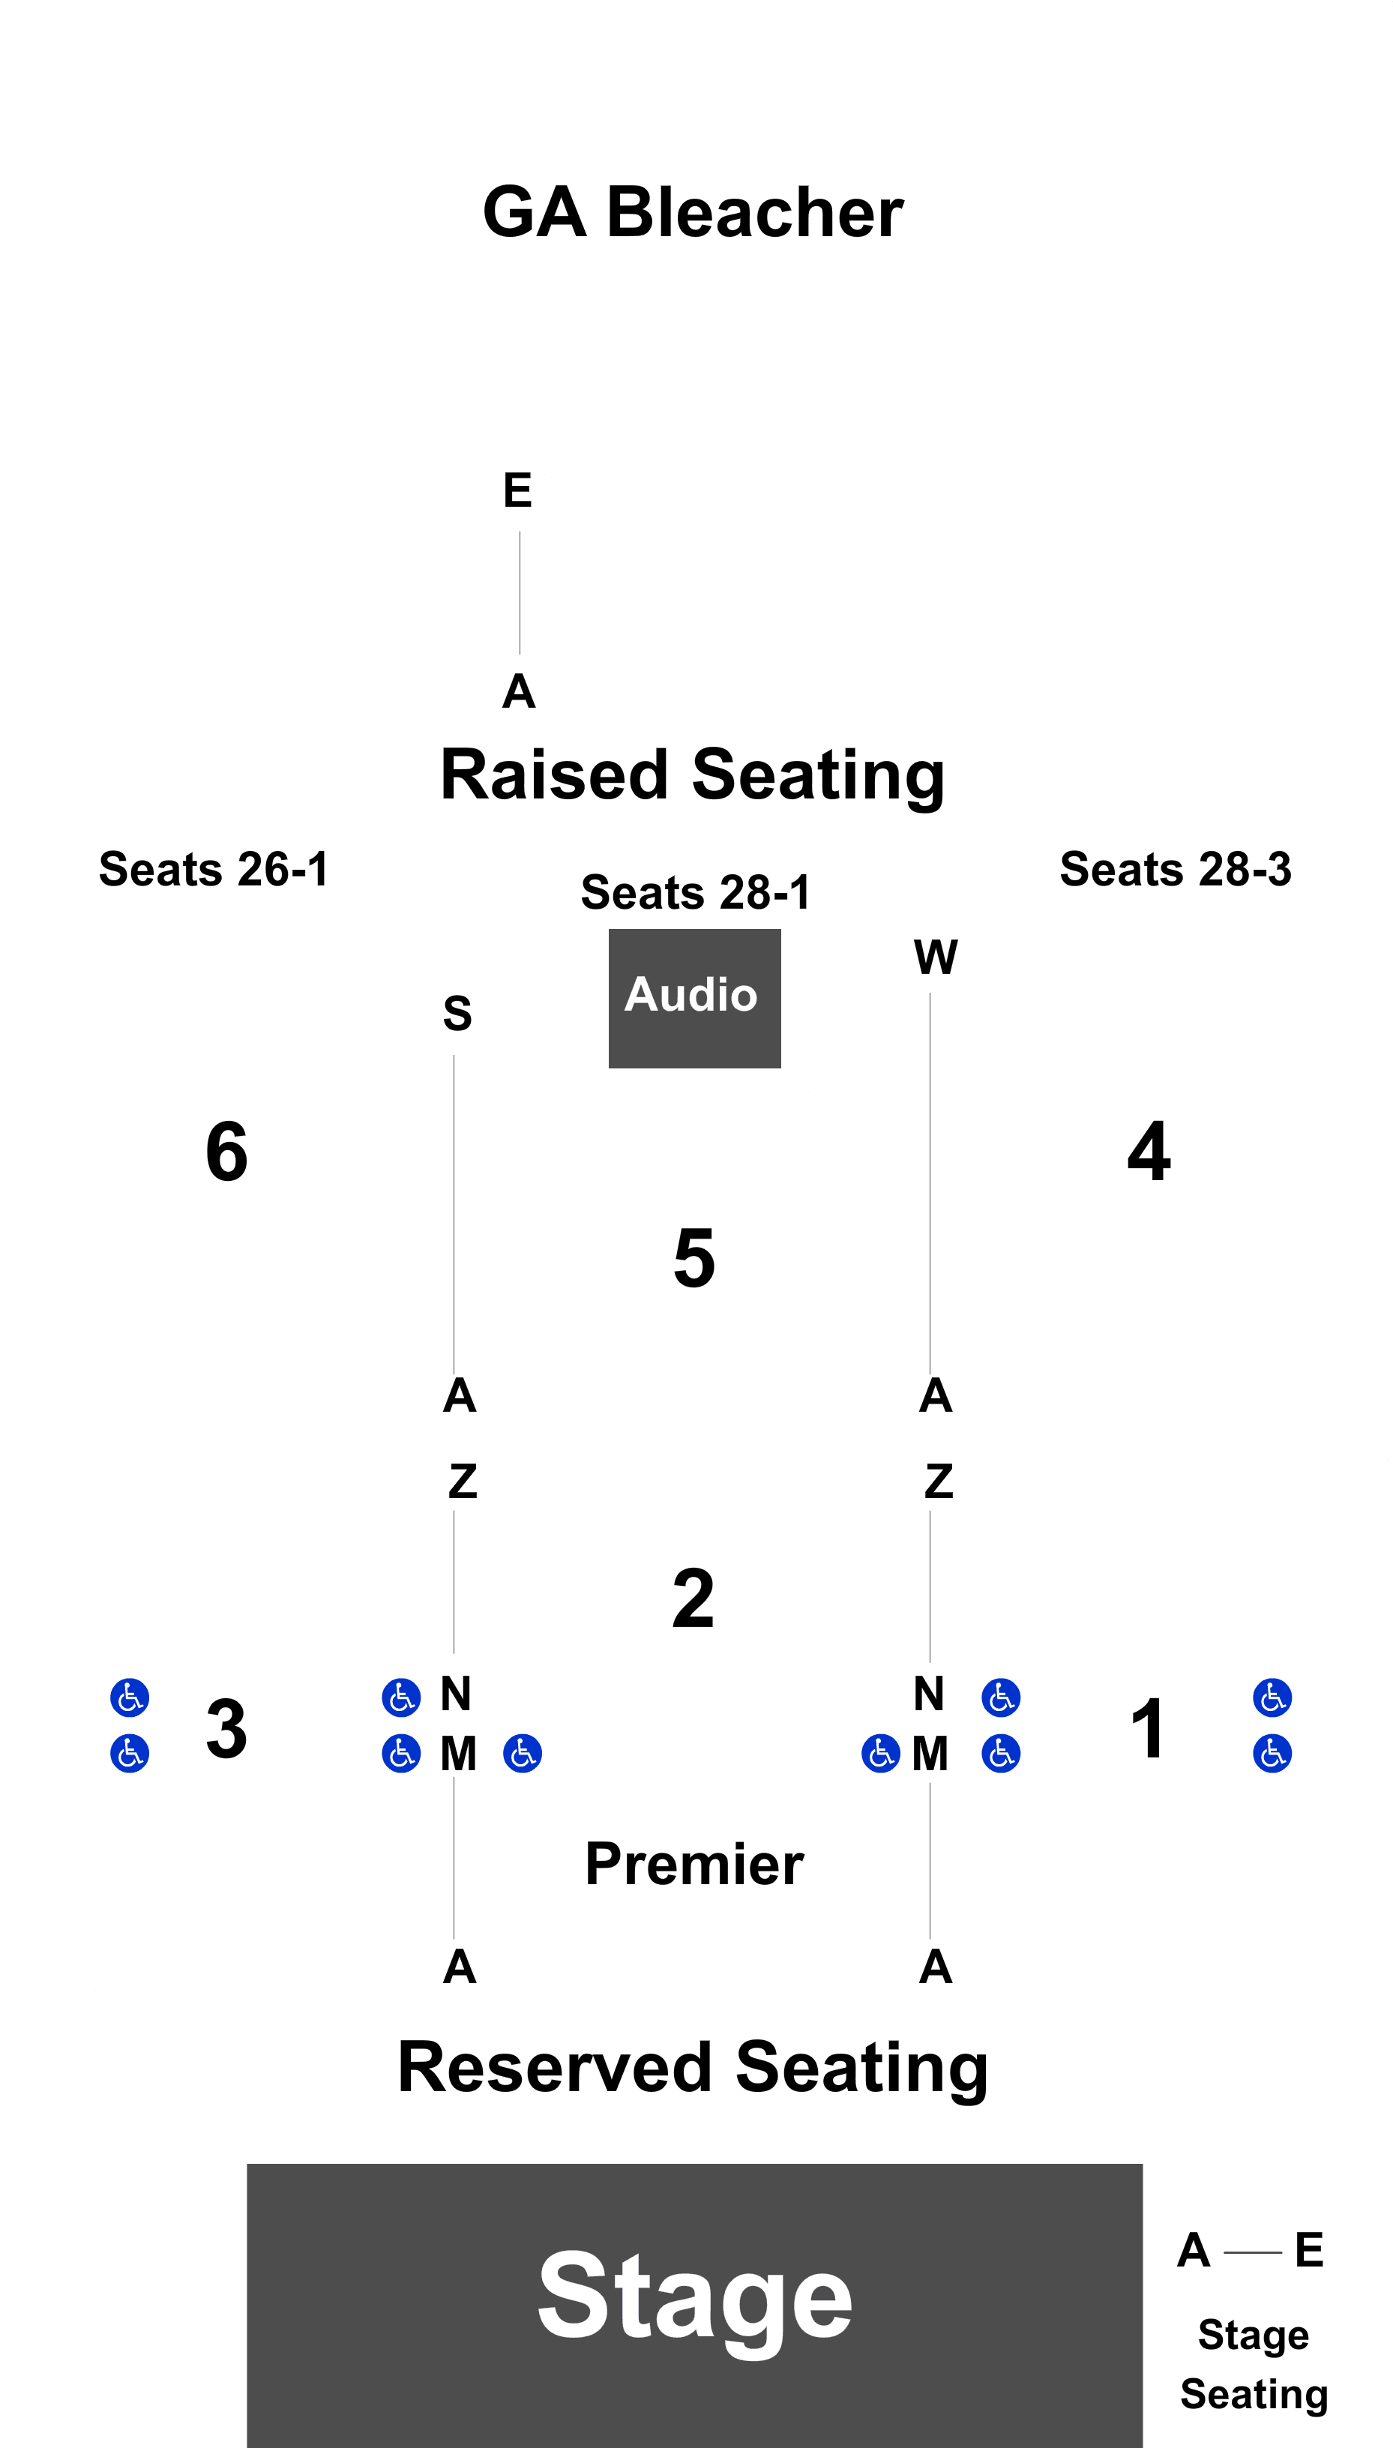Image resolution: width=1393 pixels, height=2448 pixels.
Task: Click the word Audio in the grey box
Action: [x=691, y=995]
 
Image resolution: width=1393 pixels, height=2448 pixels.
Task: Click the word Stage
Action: [x=694, y=2296]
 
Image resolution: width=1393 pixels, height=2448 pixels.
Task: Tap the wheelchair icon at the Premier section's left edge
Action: [x=523, y=1754]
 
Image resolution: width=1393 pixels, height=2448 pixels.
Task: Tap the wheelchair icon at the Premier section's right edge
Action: [x=880, y=1754]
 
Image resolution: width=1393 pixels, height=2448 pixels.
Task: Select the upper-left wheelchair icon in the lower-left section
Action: [x=130, y=1698]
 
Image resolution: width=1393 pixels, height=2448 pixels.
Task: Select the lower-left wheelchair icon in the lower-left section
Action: [x=130, y=1754]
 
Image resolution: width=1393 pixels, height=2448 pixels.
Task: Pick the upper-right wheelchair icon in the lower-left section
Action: [x=401, y=1698]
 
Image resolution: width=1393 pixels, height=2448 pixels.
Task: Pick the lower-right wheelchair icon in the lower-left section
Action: [x=401, y=1754]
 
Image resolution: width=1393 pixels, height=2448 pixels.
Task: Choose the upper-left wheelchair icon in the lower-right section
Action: [x=1001, y=1698]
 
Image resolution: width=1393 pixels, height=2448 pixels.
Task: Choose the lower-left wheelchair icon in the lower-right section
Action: [x=1001, y=1754]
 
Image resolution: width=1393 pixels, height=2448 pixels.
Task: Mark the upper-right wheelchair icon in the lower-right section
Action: [x=1272, y=1698]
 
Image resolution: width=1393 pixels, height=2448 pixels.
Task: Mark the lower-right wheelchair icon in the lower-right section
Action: [x=1272, y=1754]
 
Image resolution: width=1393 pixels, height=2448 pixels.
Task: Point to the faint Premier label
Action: [x=696, y=1861]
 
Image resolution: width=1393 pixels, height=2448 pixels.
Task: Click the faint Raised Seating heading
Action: [x=691, y=775]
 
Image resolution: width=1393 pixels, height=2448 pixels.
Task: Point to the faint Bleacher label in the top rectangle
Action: [x=694, y=212]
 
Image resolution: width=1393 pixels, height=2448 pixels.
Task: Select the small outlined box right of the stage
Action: [x=1255, y=2363]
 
